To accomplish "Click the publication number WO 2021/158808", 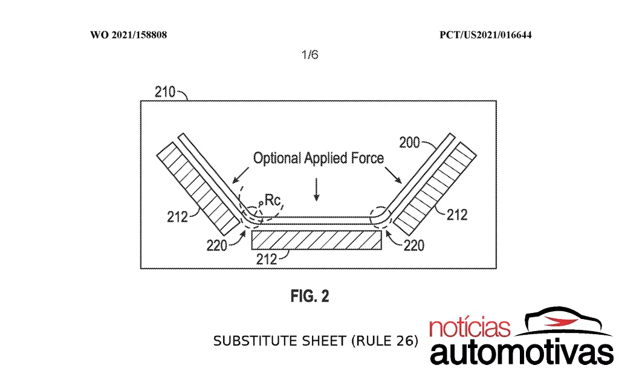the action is click(128, 34).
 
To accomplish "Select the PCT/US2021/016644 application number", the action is click(485, 34).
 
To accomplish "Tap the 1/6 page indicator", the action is click(310, 54).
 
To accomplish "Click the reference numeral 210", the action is click(164, 92).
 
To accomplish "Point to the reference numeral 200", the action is click(409, 142).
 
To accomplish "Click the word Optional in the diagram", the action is click(277, 158).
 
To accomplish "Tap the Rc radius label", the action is click(272, 200).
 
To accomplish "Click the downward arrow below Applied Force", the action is click(316, 190).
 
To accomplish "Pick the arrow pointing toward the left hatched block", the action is click(241, 175).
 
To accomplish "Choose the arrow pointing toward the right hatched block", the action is click(393, 175).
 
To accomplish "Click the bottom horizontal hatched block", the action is click(317, 240).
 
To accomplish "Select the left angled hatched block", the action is click(198, 187).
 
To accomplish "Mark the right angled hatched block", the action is click(435, 189).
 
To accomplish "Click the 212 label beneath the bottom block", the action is click(267, 259).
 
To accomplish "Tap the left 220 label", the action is click(217, 245).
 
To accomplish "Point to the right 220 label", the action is click(413, 245).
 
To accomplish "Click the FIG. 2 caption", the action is click(310, 295).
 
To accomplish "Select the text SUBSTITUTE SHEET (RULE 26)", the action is click(316, 341).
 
